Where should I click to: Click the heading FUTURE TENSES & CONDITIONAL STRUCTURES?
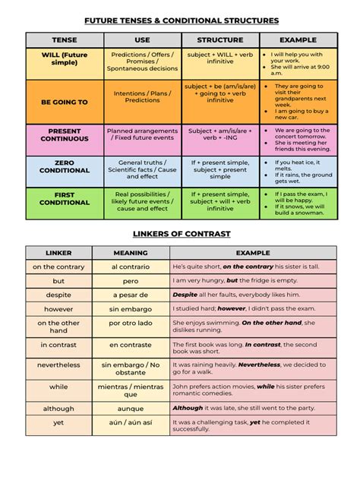(x=181, y=21)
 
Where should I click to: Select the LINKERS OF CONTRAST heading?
(x=181, y=233)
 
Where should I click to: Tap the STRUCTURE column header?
(x=220, y=39)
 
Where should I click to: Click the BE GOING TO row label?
(x=65, y=102)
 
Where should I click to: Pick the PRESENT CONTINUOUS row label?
(x=65, y=135)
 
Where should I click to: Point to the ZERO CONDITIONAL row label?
(x=65, y=166)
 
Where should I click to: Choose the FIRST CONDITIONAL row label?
(x=65, y=198)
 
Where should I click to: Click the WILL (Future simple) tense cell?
(x=65, y=58)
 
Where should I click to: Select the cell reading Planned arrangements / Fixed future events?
(x=143, y=135)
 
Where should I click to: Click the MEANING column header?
(x=131, y=252)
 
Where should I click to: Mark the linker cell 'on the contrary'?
(x=58, y=267)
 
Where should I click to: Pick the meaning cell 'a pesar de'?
(x=131, y=295)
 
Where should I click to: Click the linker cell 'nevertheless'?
(x=58, y=365)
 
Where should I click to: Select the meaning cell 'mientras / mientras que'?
(x=131, y=390)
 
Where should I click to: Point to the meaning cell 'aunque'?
(x=131, y=408)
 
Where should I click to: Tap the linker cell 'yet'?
(x=58, y=422)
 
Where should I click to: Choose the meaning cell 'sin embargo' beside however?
(x=131, y=309)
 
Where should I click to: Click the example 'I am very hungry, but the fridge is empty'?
(x=252, y=280)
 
